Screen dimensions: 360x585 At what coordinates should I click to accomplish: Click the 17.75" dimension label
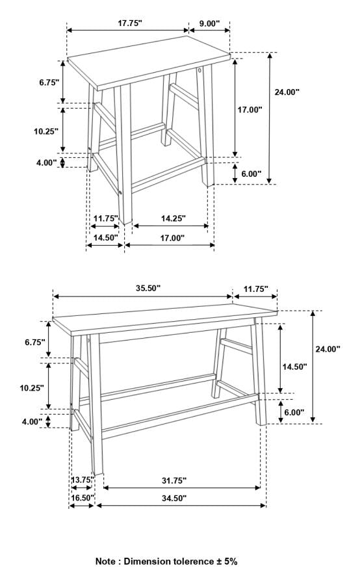click(130, 23)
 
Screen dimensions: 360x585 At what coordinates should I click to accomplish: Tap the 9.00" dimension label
click(209, 23)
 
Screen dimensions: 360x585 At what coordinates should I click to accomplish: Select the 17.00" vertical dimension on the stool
click(250, 110)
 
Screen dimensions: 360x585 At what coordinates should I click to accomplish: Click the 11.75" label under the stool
click(105, 218)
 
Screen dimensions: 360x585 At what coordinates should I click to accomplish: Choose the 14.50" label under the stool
click(105, 238)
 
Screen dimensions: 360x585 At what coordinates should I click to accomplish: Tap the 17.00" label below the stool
click(172, 238)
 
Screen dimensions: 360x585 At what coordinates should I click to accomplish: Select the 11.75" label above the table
click(256, 289)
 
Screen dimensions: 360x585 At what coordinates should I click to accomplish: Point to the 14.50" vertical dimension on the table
click(294, 367)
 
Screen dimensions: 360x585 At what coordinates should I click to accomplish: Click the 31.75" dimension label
click(174, 480)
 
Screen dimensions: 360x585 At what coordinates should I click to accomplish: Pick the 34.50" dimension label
click(174, 498)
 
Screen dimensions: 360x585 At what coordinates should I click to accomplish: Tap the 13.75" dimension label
click(81, 480)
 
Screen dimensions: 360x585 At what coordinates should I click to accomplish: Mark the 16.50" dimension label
click(83, 498)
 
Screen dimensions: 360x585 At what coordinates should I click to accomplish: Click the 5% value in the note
click(230, 561)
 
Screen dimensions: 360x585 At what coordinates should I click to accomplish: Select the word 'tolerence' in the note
click(195, 561)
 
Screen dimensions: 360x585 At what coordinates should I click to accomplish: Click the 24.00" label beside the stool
click(287, 92)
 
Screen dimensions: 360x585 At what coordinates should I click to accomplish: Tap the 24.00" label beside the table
click(328, 349)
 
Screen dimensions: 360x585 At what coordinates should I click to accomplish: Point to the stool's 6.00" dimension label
click(251, 174)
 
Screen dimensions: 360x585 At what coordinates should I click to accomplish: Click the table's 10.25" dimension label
click(32, 388)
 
